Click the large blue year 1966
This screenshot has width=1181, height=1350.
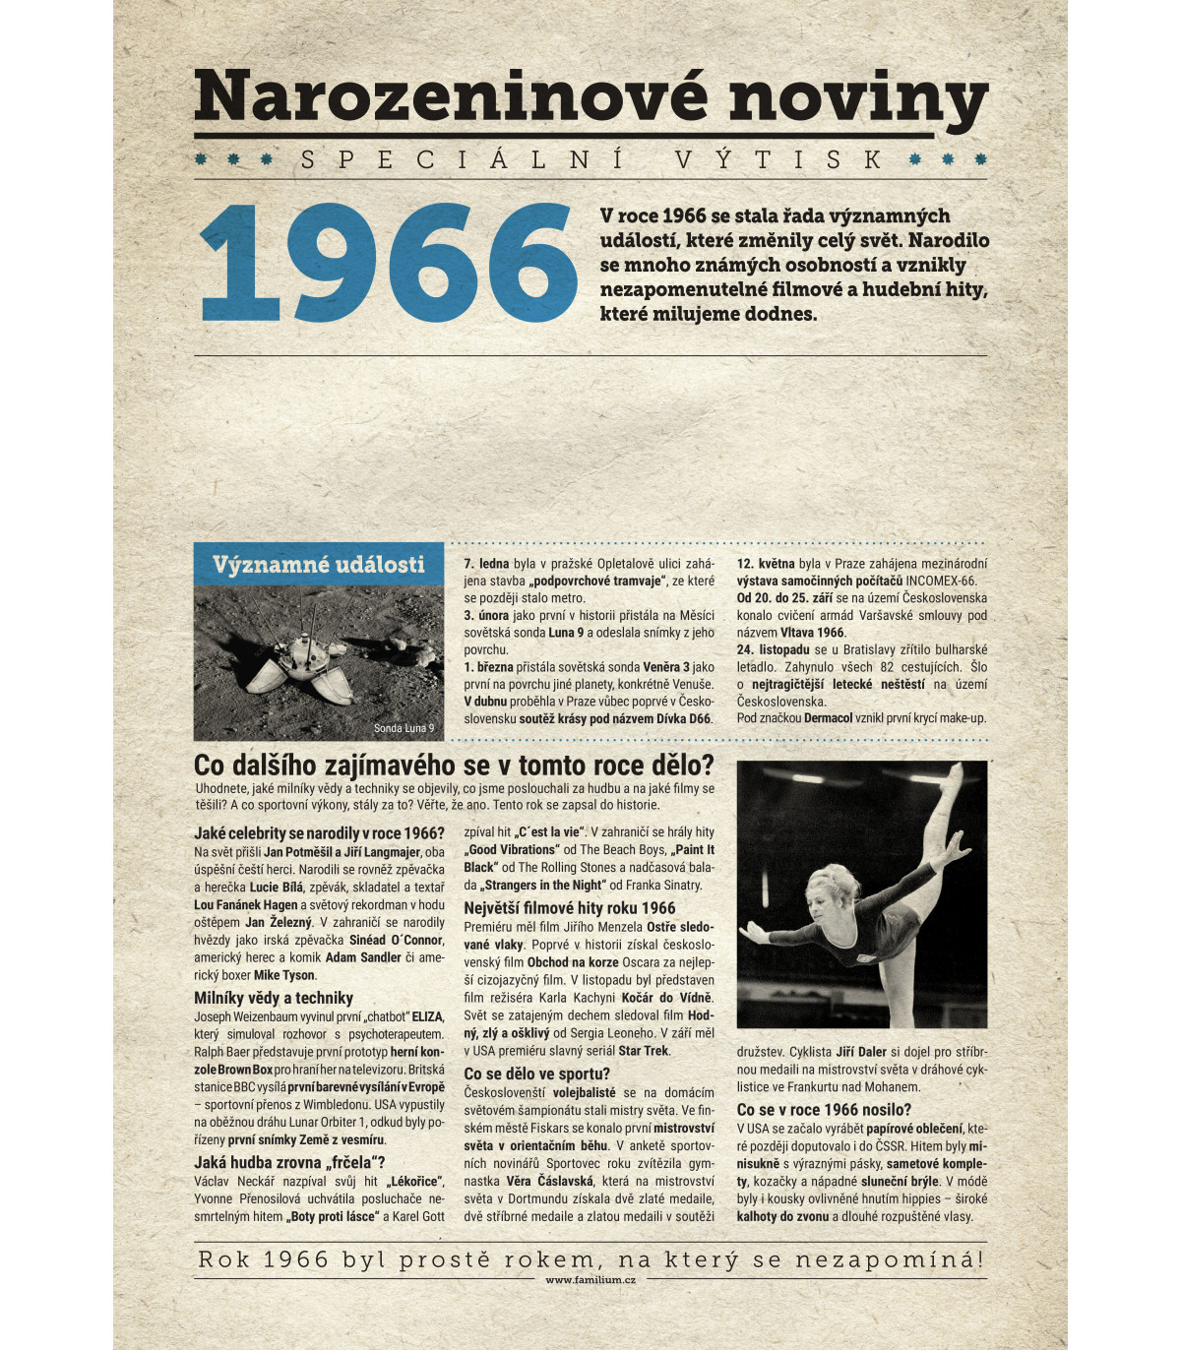[388, 263]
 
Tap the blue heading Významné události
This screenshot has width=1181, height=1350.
[318, 564]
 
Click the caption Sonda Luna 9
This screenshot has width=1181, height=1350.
[404, 728]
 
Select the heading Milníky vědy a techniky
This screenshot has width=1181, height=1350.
[274, 998]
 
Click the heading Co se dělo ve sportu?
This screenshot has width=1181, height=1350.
[536, 1074]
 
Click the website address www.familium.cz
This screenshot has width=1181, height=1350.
[590, 1279]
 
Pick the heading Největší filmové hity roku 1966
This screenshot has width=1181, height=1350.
[570, 908]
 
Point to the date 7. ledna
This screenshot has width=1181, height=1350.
[486, 564]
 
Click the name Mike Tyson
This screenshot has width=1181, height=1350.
[284, 975]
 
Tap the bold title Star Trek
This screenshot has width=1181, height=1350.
[644, 1051]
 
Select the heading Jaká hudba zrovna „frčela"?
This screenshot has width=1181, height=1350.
[289, 1162]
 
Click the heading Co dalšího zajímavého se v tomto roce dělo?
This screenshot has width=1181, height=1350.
[454, 766]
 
